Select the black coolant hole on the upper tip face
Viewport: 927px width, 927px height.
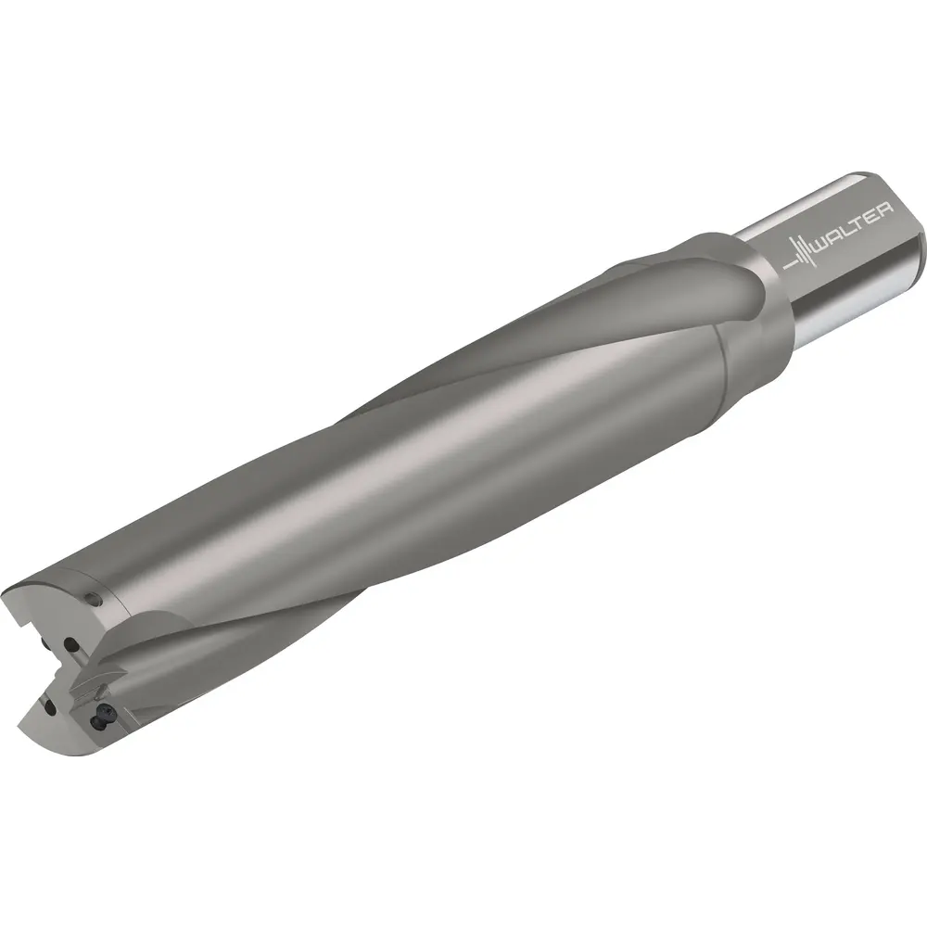pos(71,644)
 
